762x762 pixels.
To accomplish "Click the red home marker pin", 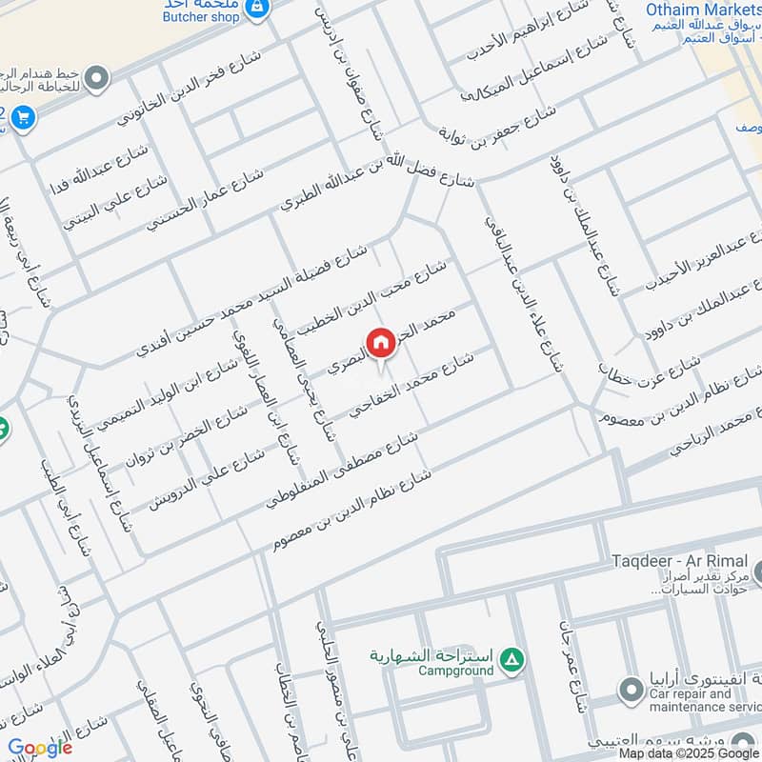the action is click(380, 343).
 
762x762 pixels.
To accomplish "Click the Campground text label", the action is click(455, 671).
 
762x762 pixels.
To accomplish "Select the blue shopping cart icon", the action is click(23, 119).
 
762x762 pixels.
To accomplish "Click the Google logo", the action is click(40, 748).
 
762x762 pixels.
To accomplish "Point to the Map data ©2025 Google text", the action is click(690, 752).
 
